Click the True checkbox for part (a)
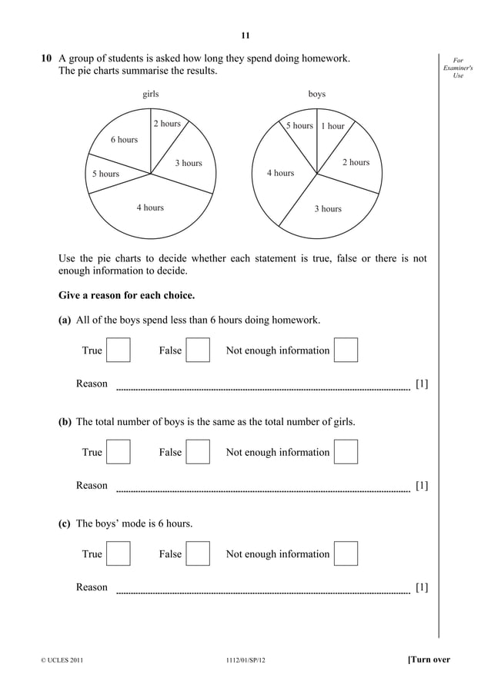tap(119, 350)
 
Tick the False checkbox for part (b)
tap(199, 452)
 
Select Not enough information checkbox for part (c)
tap(346, 553)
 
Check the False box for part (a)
tap(199, 350)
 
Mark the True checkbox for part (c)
tap(119, 553)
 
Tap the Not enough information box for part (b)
tap(346, 452)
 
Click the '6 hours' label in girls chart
tap(124, 140)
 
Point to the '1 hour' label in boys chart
tap(332, 126)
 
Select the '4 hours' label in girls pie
tap(150, 208)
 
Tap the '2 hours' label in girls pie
tap(166, 124)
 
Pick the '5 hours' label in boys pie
tap(299, 125)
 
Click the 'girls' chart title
tap(151, 94)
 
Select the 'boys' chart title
tap(316, 94)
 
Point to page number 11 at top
tap(245, 35)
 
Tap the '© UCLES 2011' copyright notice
tap(59, 660)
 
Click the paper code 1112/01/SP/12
tap(245, 660)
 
